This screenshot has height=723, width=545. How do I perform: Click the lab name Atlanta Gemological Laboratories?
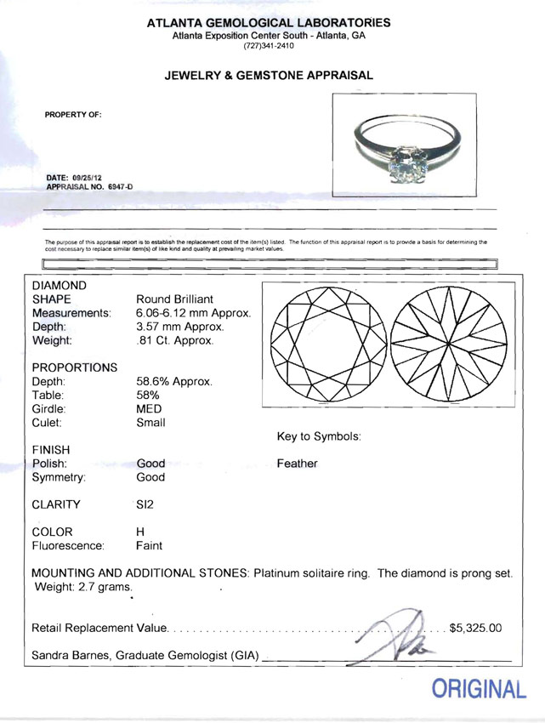[x=269, y=23]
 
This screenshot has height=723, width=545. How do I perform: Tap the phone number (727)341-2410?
[x=269, y=46]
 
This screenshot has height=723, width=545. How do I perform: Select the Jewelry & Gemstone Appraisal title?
[x=269, y=76]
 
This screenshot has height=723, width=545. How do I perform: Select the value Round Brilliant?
[x=174, y=299]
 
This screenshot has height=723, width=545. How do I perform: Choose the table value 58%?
[x=148, y=395]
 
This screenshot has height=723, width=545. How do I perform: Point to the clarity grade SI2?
[x=145, y=504]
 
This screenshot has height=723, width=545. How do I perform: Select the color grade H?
[x=140, y=532]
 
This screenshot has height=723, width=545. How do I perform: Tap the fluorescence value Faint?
[x=149, y=545]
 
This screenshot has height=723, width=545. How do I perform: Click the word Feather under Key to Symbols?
[x=297, y=464]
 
